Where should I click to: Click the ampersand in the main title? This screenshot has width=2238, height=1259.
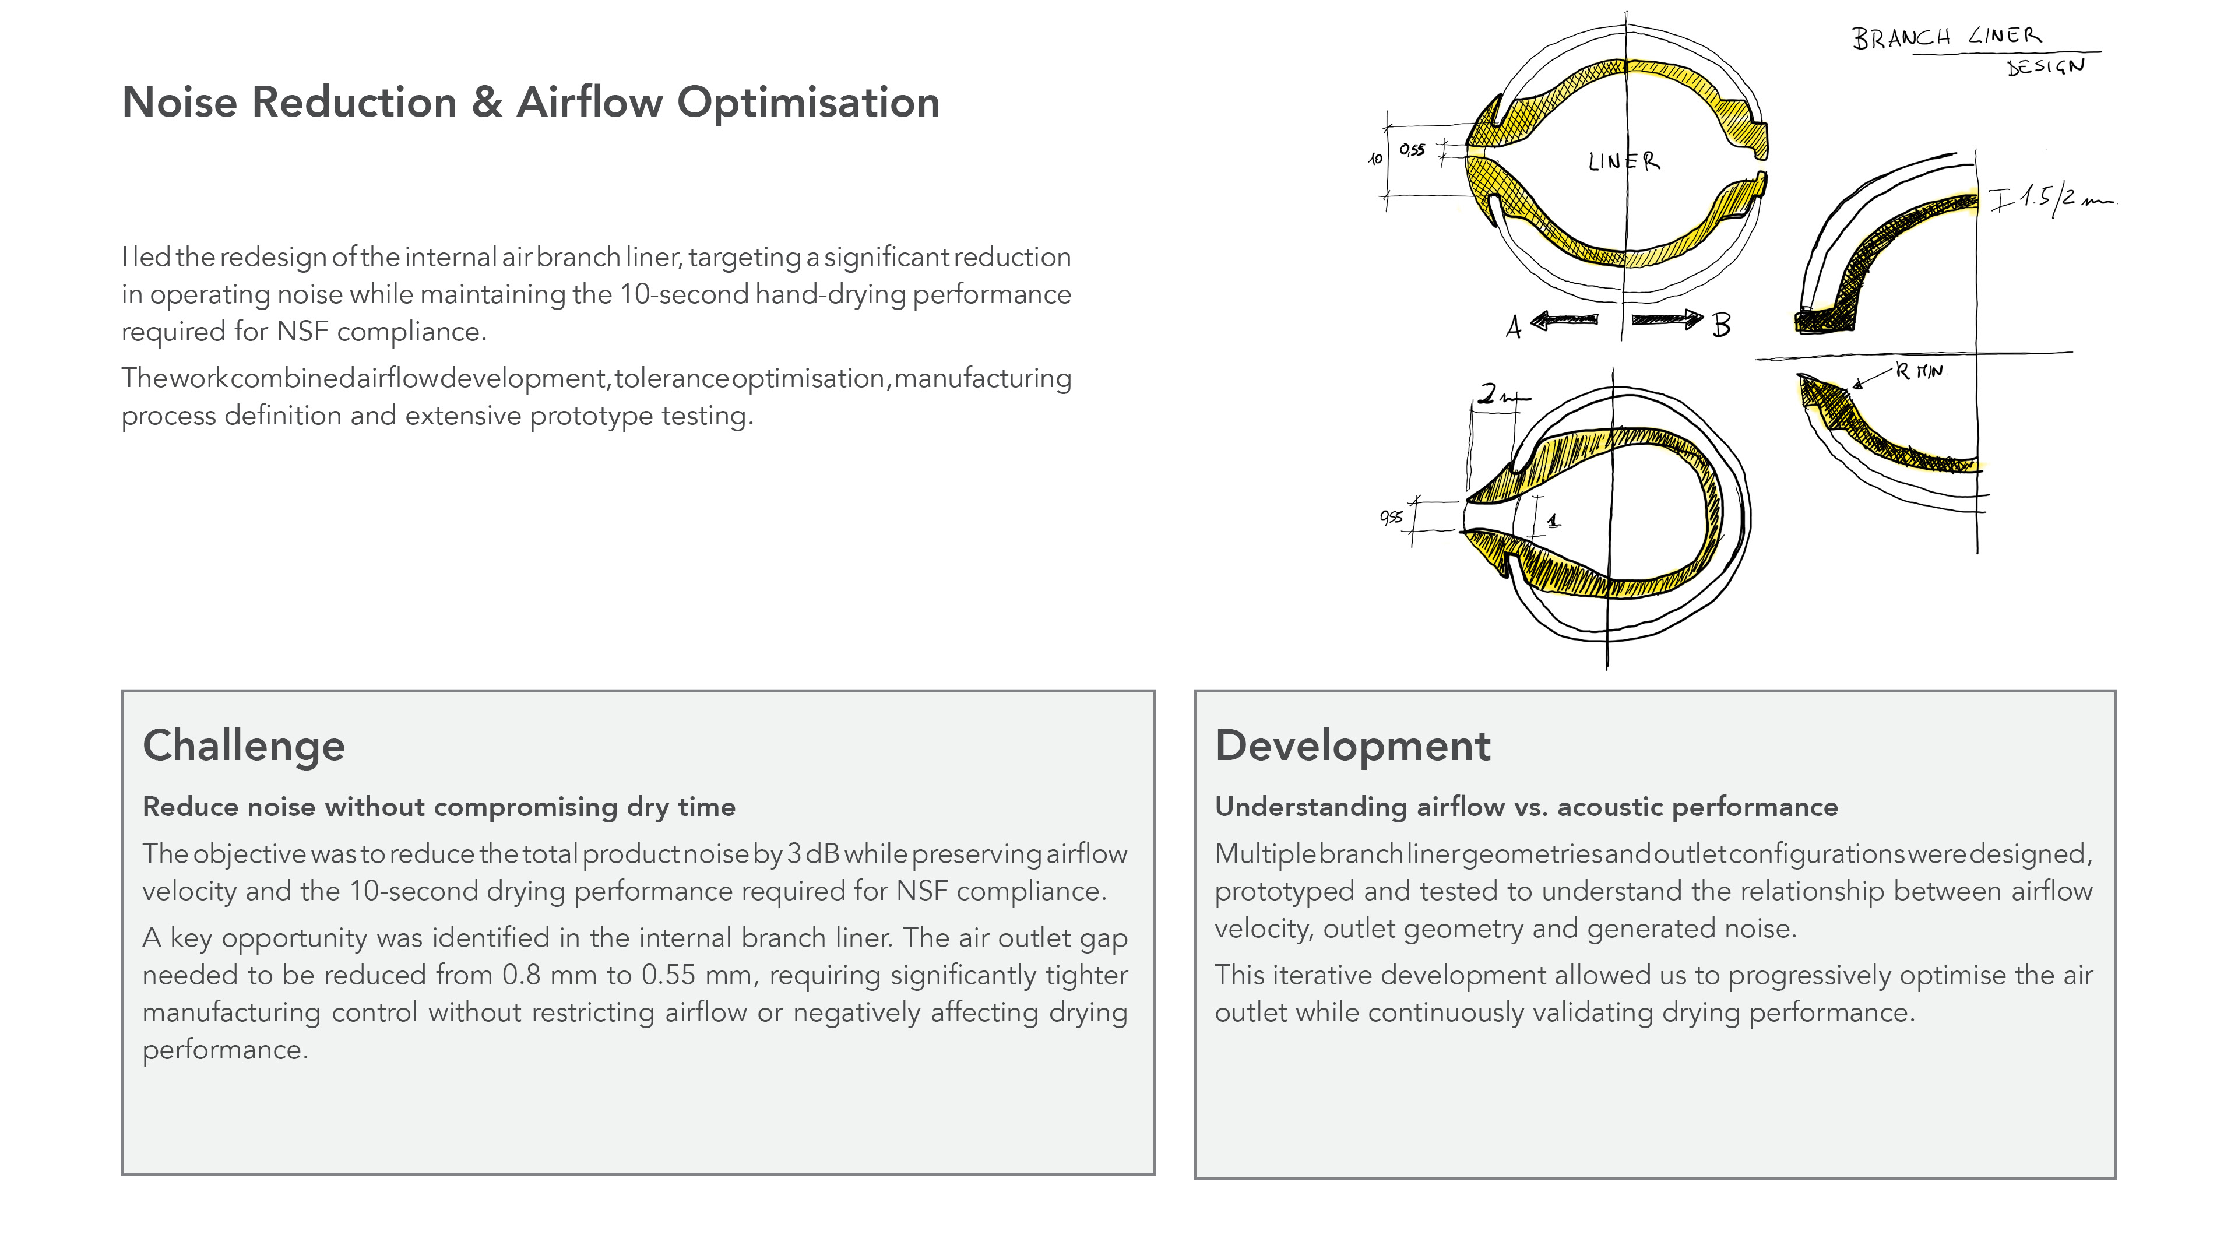tap(487, 103)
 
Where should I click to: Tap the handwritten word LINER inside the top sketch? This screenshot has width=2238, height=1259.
tap(1624, 161)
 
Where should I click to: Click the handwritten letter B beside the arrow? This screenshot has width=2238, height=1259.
tap(1721, 326)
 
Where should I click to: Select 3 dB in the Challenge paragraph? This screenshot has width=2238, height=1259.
tap(813, 854)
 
